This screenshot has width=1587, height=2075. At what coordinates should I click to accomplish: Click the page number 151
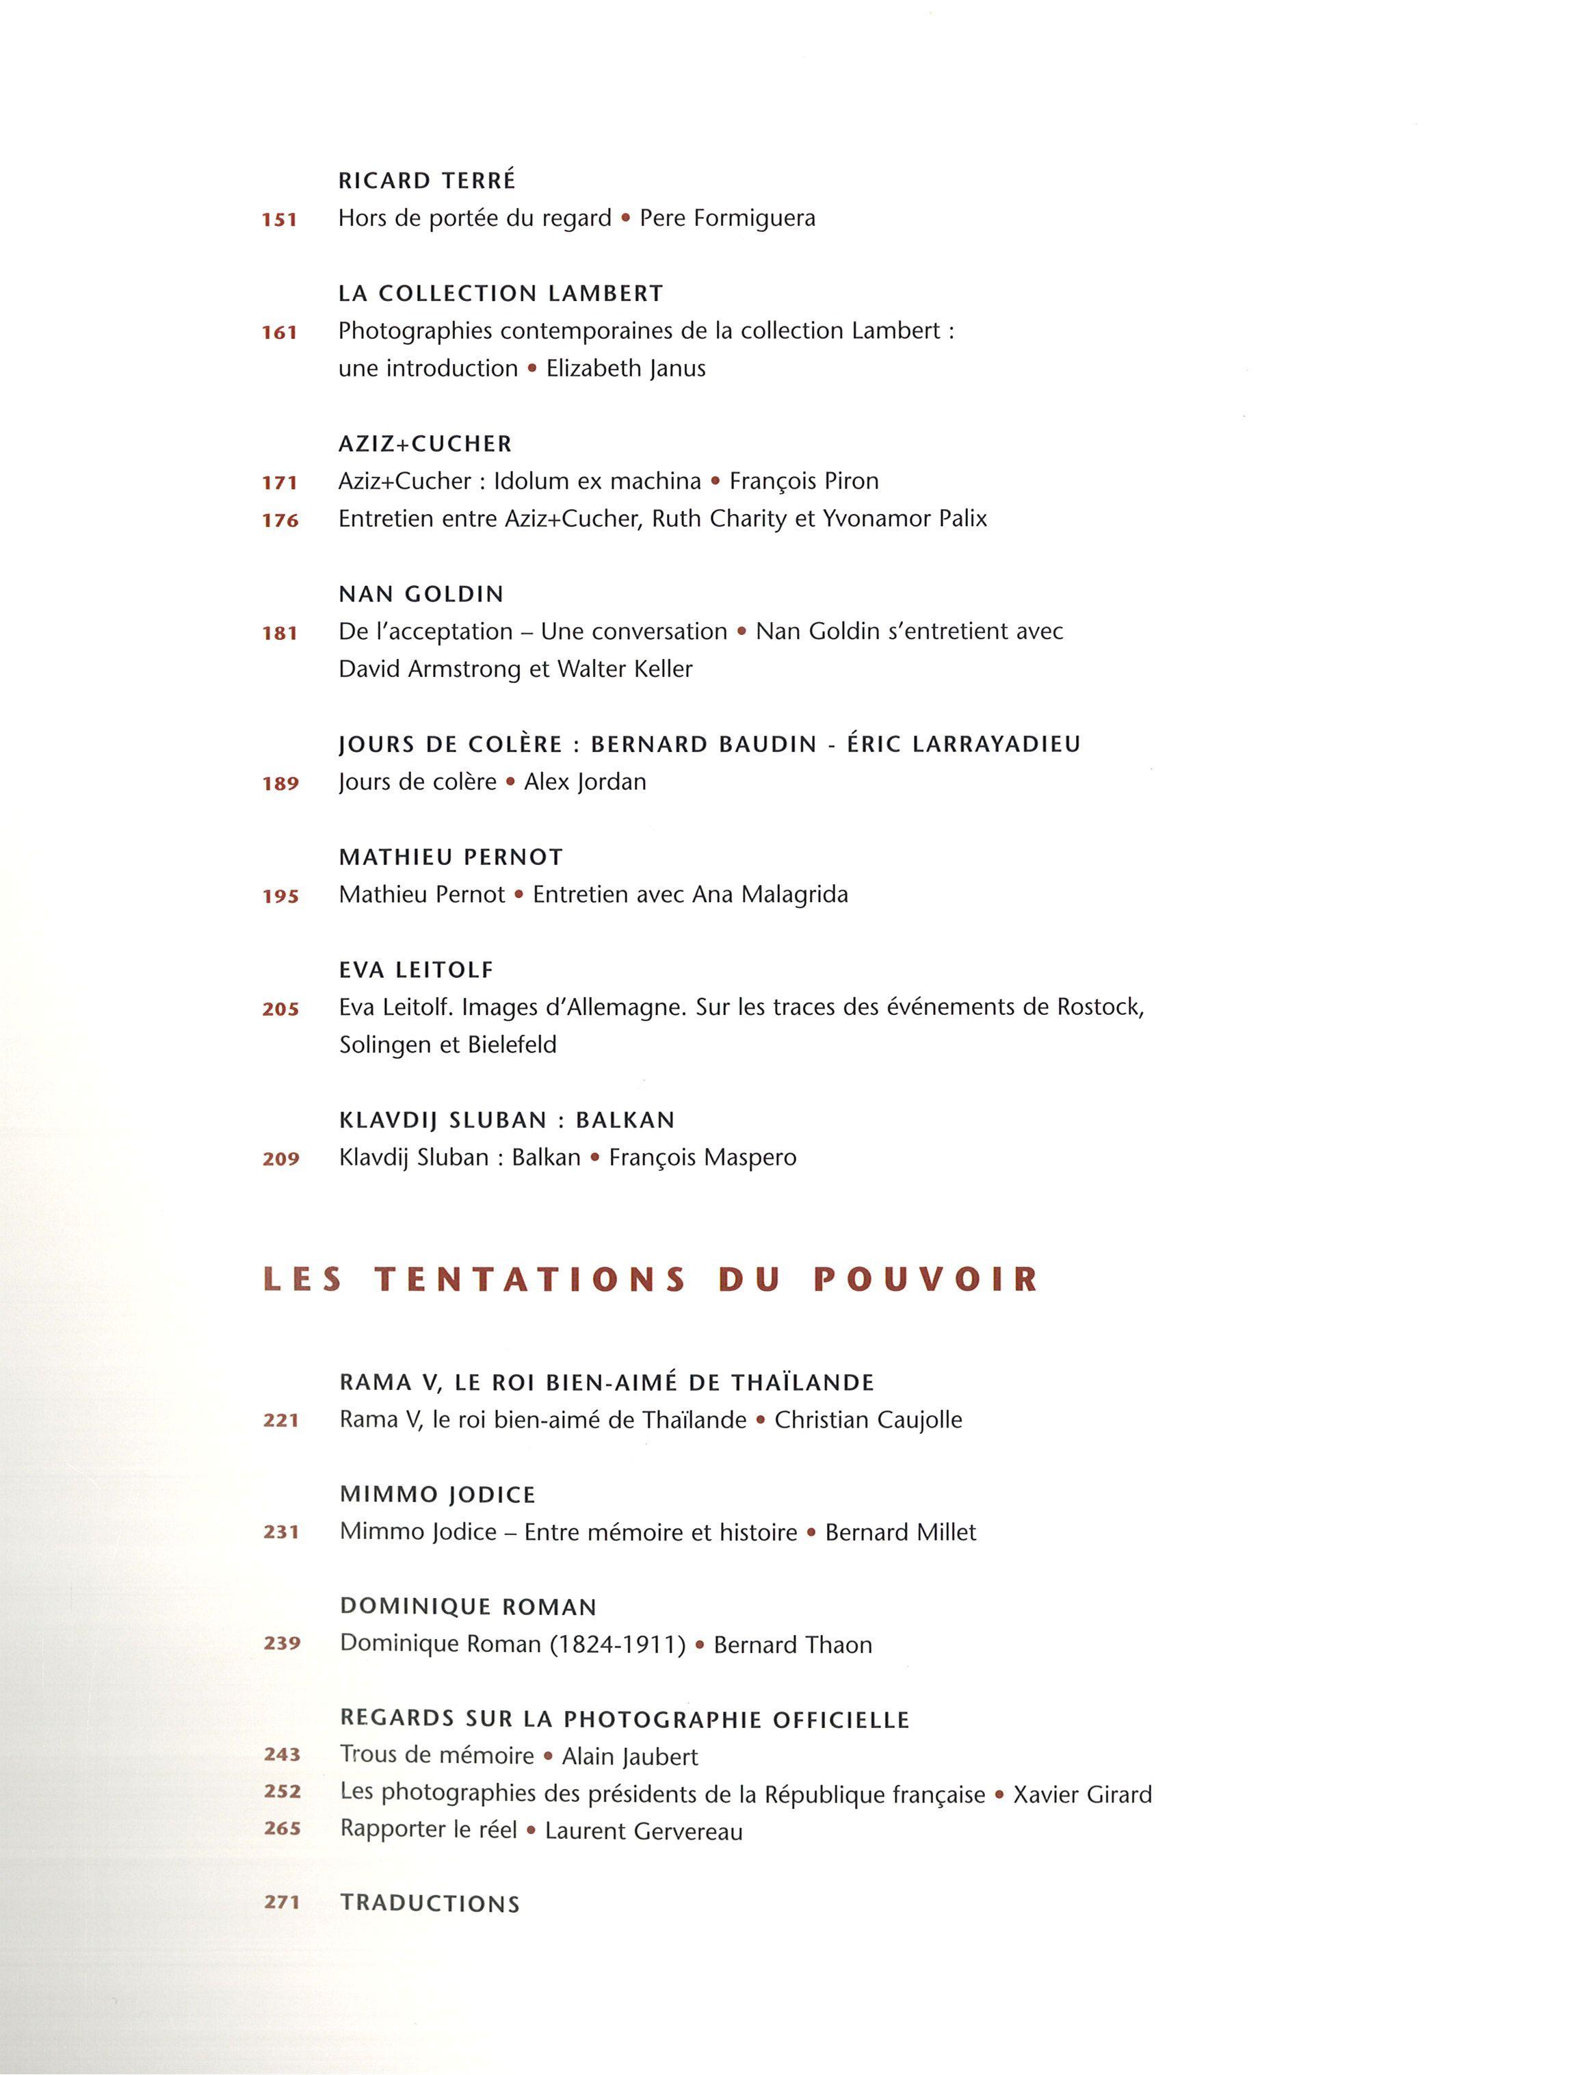280,220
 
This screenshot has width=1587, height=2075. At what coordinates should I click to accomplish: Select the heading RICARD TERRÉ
427,181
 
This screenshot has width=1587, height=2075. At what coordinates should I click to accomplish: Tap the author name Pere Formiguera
727,218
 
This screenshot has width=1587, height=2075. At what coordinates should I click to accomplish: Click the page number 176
280,521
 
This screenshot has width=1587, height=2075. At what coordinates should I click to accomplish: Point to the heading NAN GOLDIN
421,594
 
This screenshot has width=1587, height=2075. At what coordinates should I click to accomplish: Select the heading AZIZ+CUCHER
425,444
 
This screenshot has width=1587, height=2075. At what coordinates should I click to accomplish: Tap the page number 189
280,784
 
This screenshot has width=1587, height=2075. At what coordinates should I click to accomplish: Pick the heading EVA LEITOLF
417,970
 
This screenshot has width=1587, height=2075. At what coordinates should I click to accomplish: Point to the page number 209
280,1159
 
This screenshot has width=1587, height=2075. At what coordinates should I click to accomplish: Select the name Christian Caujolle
868,1420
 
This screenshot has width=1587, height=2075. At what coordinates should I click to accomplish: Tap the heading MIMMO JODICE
437,1495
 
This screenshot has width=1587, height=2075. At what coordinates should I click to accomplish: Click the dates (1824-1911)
618,1645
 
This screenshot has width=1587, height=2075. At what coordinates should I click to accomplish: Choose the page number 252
282,1792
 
